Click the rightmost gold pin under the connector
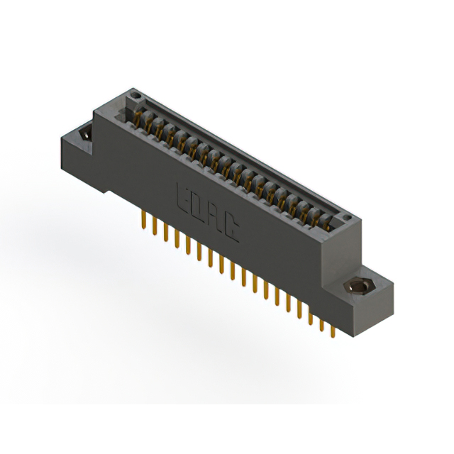tap(332, 329)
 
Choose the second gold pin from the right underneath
tap(321, 323)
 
